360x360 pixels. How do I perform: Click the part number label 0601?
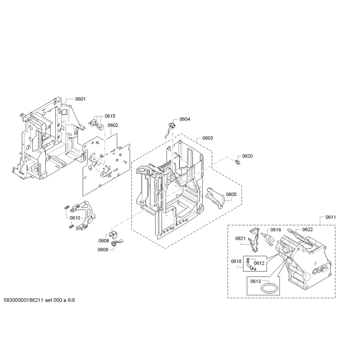tap(81, 99)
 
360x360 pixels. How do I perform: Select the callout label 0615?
tap(110, 116)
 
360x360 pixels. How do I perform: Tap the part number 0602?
tap(113, 126)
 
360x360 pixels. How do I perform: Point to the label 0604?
tap(185, 119)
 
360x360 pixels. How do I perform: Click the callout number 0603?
tap(208, 138)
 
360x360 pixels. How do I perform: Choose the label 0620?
tap(247, 156)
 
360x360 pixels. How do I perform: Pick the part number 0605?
tap(231, 194)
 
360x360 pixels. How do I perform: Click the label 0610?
tap(75, 218)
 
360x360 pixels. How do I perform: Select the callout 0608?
tap(104, 240)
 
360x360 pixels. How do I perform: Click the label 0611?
tap(330, 217)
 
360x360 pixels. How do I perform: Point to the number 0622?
tap(308, 230)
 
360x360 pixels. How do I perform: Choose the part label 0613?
tap(256, 281)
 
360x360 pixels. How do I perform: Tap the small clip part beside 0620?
tap(237, 162)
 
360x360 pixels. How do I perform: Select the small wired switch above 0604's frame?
tap(172, 125)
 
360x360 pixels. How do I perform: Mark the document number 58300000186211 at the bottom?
tap(24, 301)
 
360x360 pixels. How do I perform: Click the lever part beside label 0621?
tap(254, 240)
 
